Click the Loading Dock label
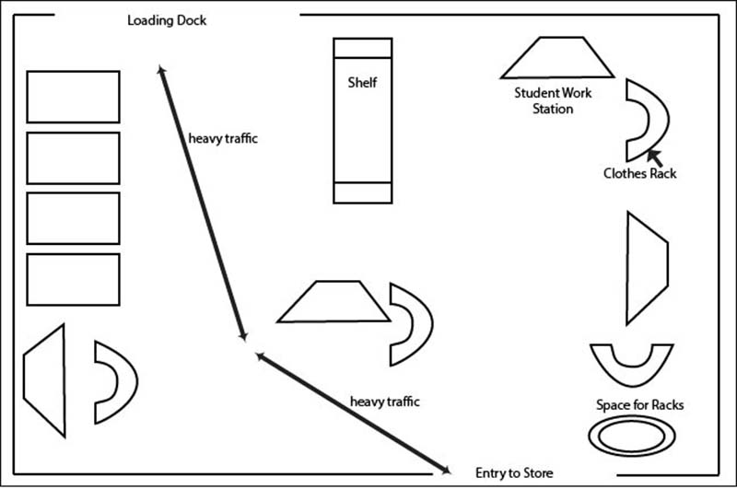[166, 20]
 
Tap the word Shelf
[362, 82]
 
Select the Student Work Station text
[553, 100]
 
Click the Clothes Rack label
[639, 173]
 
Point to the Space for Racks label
[639, 405]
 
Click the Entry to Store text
[514, 473]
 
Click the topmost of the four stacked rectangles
[73, 97]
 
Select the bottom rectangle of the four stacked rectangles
[73, 279]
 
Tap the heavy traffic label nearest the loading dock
[223, 139]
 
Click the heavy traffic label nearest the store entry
[384, 402]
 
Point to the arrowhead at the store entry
[446, 470]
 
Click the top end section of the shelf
[362, 48]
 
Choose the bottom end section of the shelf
[362, 192]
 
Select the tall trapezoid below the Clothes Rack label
[644, 268]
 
